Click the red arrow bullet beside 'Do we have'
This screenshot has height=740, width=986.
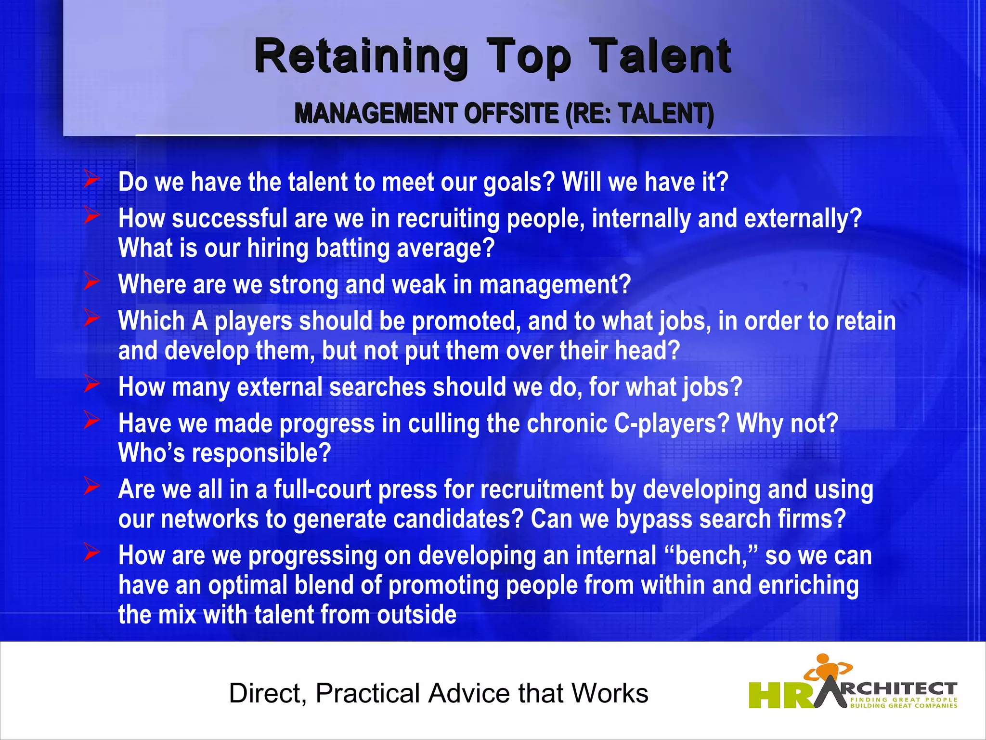coord(91,180)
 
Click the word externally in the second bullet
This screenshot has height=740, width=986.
coord(803,219)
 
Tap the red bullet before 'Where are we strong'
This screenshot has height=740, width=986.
coord(91,282)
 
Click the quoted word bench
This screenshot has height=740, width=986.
coord(711,555)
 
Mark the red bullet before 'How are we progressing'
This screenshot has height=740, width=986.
coord(91,553)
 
